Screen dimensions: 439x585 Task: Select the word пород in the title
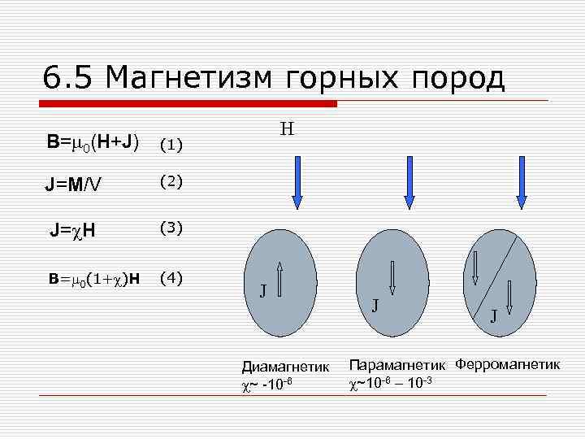point(459,79)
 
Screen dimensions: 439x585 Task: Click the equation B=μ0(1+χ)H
point(94,279)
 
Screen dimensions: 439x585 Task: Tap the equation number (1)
point(171,146)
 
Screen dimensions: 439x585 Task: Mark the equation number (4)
point(171,278)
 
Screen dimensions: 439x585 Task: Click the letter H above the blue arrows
point(287,128)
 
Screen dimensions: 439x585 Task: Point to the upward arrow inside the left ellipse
point(279,277)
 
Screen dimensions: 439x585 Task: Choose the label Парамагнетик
point(399,363)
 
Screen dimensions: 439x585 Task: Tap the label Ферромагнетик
point(508,363)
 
